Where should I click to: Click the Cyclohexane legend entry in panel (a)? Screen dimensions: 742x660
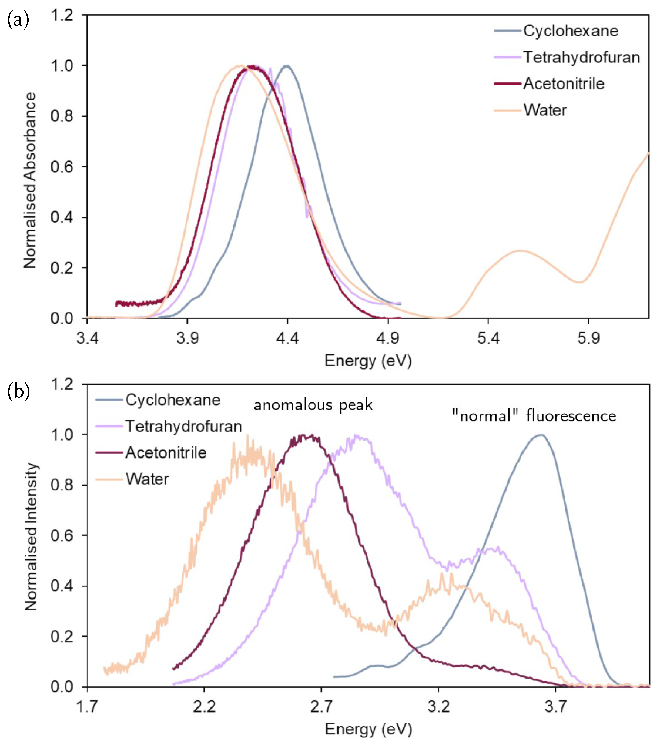tap(570, 31)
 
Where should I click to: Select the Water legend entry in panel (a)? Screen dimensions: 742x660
tap(545, 110)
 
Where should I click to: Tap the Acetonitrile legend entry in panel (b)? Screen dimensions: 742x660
tap(166, 453)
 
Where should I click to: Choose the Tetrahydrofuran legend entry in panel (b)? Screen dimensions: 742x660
tap(183, 426)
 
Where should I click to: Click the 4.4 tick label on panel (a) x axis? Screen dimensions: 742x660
tap(287, 338)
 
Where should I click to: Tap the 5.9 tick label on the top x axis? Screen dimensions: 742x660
tap(588, 338)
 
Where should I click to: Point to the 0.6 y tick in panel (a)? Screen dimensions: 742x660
tap(62, 167)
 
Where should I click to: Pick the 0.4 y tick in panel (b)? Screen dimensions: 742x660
tap(62, 586)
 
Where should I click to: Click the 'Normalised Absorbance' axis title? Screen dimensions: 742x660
tap(30, 180)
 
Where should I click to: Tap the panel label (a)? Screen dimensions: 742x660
tap(18, 21)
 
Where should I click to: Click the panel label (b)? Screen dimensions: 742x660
tap(18, 392)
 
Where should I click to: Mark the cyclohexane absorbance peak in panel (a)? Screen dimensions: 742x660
tap(287, 66)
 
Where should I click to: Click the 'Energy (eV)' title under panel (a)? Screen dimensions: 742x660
tap(368, 361)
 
